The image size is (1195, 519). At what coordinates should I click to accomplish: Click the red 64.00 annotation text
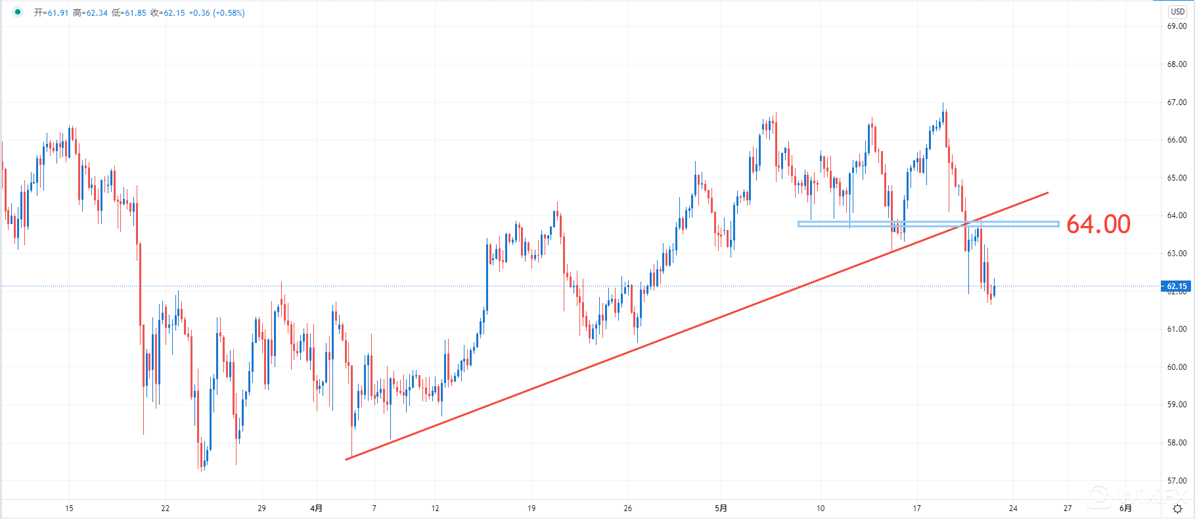(1098, 224)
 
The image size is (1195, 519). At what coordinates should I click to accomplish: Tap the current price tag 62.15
(1177, 286)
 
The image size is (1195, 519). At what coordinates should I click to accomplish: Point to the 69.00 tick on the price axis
(1177, 26)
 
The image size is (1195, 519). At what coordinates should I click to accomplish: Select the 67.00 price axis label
(1177, 102)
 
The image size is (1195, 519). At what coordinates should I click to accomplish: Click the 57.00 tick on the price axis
(1177, 480)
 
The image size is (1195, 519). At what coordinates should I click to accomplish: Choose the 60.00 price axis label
(1177, 367)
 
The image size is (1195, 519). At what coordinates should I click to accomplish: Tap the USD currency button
(1177, 12)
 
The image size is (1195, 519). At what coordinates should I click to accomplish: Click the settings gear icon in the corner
(1177, 508)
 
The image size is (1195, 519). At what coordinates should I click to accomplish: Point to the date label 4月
(316, 508)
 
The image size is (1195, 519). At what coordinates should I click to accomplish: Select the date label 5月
(721, 508)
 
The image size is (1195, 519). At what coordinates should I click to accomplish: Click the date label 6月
(1125, 508)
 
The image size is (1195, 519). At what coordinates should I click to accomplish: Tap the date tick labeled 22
(166, 508)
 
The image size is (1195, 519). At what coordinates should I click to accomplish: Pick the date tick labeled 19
(531, 508)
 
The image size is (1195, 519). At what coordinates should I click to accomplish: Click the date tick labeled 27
(1068, 508)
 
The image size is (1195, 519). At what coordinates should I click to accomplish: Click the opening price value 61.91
(58, 13)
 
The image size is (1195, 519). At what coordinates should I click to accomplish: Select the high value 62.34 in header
(97, 13)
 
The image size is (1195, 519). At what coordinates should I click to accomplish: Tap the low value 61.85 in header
(136, 13)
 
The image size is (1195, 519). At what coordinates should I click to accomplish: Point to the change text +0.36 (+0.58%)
(217, 13)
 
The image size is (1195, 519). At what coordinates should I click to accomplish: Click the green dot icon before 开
(18, 12)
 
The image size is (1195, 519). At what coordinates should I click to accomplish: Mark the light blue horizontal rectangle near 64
(928, 224)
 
